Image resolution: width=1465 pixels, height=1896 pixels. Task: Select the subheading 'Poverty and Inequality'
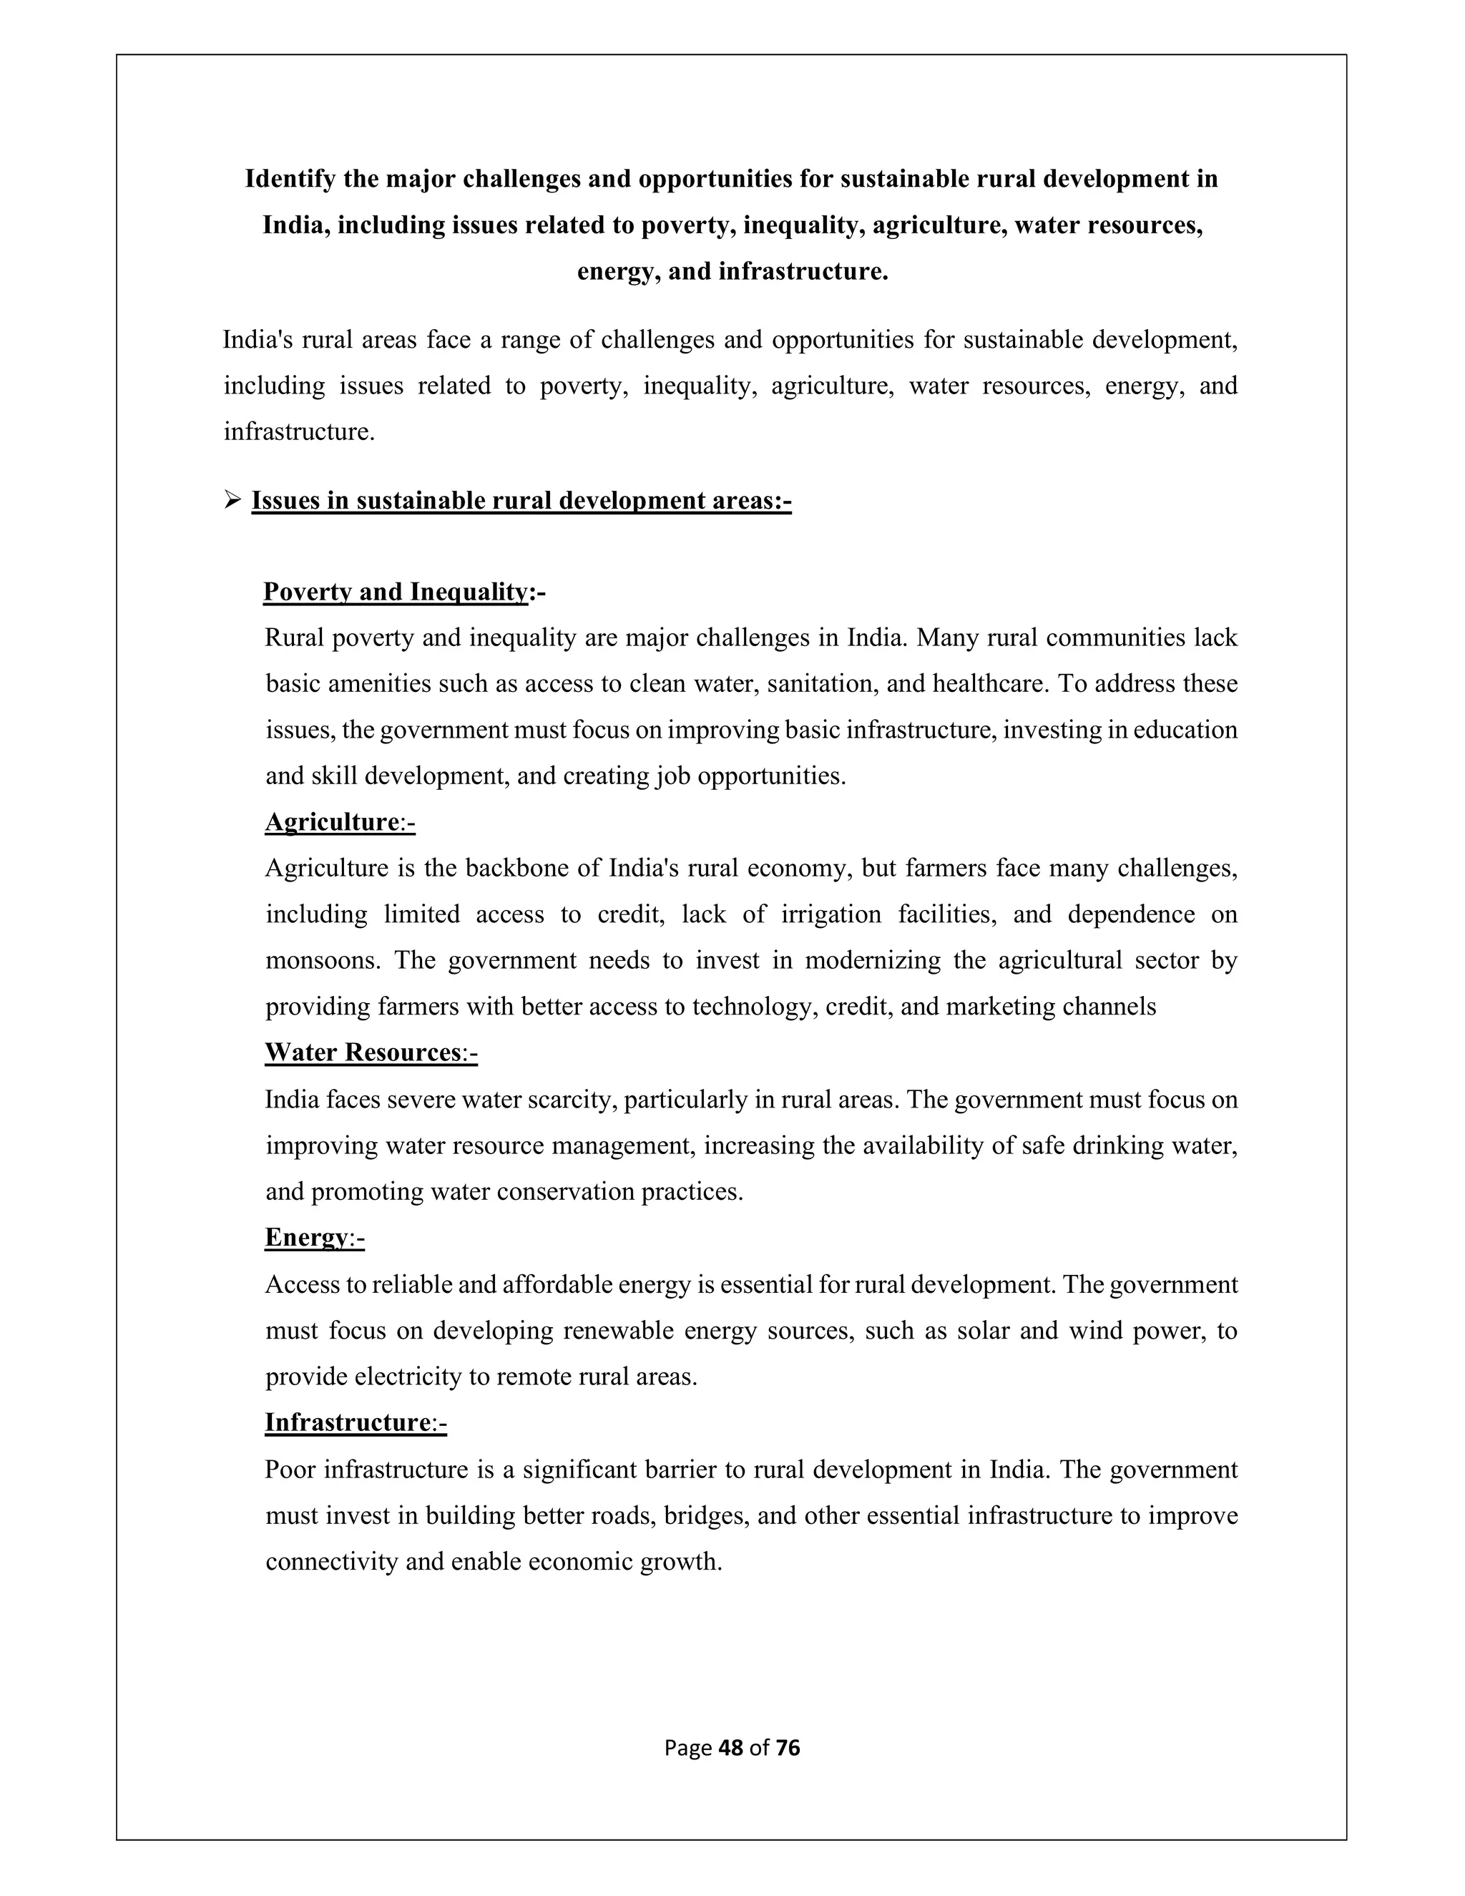(x=395, y=592)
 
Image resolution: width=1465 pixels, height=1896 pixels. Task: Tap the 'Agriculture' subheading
(x=330, y=822)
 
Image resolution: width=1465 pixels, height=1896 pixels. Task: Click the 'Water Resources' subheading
(x=362, y=1052)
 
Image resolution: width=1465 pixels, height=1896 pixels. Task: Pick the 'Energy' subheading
(x=305, y=1237)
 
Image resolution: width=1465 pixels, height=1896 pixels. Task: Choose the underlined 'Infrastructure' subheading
(x=347, y=1422)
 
